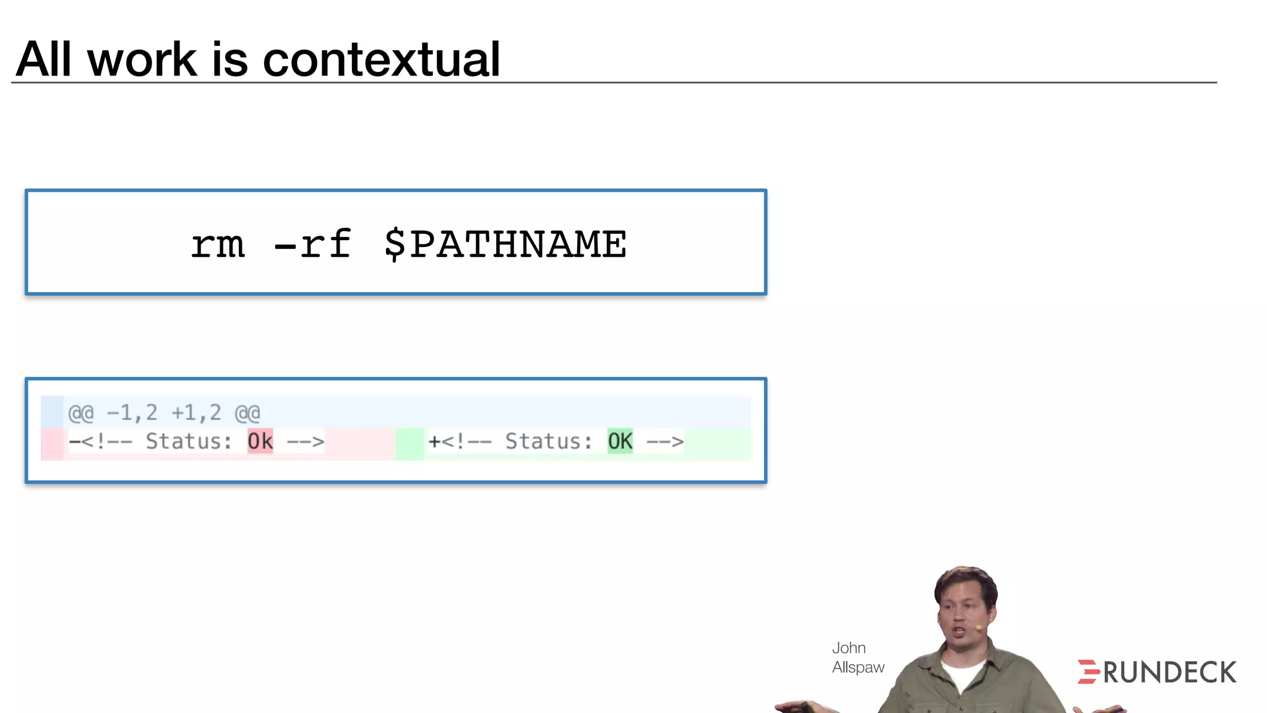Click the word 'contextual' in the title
[x=381, y=59]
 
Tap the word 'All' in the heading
[x=44, y=59]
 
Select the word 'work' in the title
[x=142, y=59]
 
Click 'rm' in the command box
[x=218, y=244]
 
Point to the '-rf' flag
[x=313, y=244]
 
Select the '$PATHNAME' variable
[x=505, y=244]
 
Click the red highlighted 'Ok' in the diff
[x=260, y=441]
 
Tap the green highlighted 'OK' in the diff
[x=620, y=441]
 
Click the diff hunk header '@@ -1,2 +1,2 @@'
[x=164, y=413]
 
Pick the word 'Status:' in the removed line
[x=189, y=441]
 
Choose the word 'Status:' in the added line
[x=549, y=441]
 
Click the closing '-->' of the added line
[x=665, y=441]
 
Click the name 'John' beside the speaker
[x=848, y=648]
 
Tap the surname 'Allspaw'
[x=858, y=667]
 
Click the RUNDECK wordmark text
[x=1170, y=673]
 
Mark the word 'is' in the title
[x=230, y=59]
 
